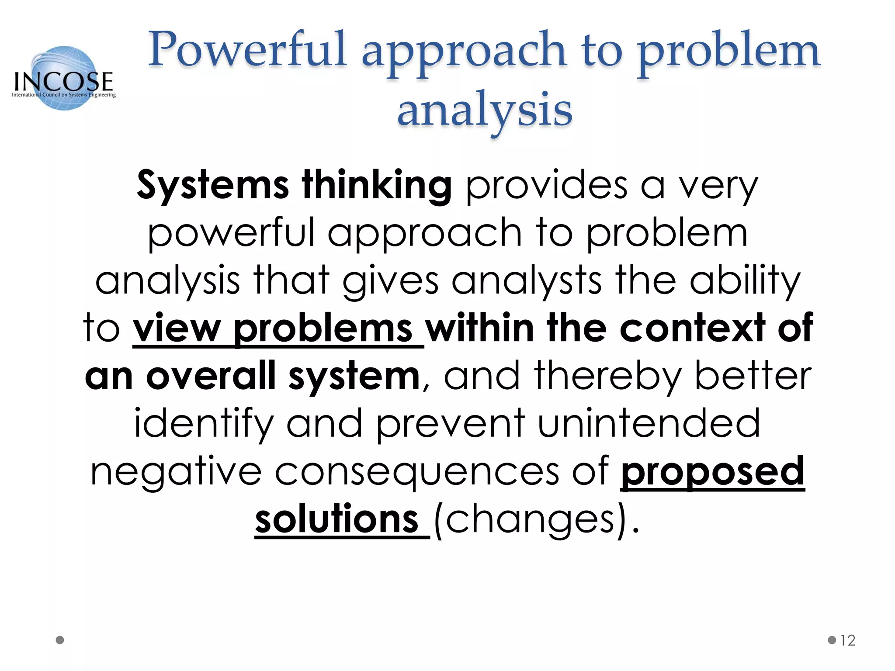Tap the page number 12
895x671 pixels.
847,640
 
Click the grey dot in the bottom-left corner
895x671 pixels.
60,640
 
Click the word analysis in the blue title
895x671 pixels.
485,109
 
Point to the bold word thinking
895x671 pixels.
376,185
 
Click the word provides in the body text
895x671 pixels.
547,185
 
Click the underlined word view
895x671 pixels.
177,329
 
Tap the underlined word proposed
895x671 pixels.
712,472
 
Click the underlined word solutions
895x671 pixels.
337,519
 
